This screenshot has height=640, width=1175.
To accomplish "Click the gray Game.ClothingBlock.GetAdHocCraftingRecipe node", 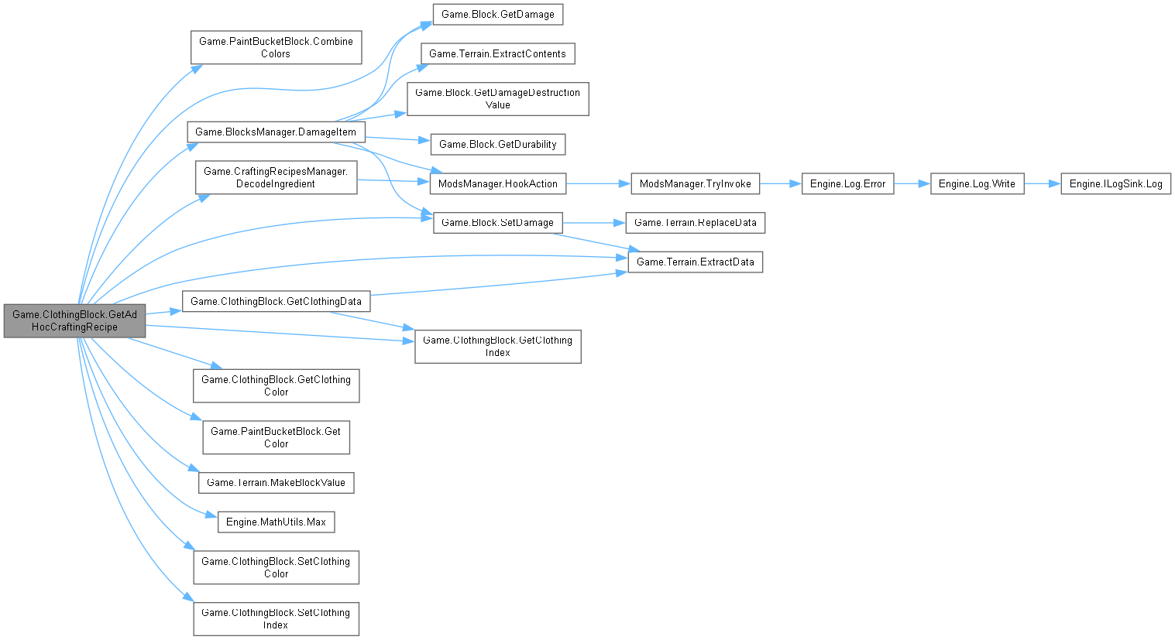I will pos(74,320).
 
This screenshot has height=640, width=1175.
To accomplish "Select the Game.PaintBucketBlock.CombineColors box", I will pos(276,47).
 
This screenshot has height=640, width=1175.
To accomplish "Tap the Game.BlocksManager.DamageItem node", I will pos(276,132).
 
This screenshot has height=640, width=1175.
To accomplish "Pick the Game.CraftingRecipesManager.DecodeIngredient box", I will pos(276,177).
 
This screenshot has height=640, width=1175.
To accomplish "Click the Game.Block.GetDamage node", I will pos(497,14).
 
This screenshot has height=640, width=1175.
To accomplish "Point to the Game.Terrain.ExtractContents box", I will pos(497,53).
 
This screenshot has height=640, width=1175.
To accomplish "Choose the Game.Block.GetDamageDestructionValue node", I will pos(497,98).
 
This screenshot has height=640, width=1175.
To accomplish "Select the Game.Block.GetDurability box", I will pos(497,144).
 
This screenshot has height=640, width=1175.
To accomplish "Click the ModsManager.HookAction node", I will pos(497,183).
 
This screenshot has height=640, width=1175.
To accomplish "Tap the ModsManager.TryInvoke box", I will pos(695,183).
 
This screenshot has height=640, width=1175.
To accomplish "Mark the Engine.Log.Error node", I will pos(847,183).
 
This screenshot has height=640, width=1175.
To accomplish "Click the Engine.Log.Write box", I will pos(977,183).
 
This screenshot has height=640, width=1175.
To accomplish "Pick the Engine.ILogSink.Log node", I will pos(1115,183).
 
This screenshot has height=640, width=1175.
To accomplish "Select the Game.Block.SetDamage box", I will pos(497,222).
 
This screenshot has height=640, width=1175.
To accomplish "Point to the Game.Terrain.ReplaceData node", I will pos(695,222).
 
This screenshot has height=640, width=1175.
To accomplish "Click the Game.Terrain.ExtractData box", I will pos(695,262).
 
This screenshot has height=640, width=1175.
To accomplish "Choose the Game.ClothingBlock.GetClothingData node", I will pos(276,301).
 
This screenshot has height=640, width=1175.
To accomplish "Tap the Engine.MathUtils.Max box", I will pos(276,522).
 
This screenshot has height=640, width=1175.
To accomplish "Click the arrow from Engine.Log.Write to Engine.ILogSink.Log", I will pos(1042,183).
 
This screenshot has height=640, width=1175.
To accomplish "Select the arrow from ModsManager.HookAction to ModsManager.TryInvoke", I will pos(598,183).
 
